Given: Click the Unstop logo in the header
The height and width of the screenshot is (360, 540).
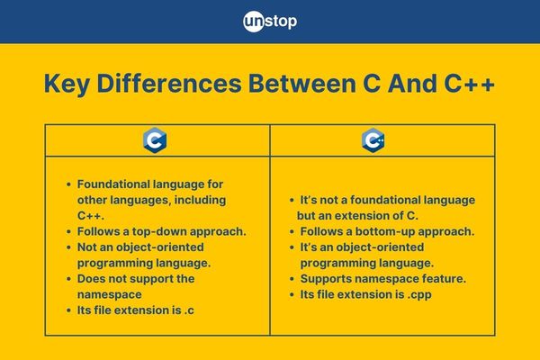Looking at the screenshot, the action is (270, 22).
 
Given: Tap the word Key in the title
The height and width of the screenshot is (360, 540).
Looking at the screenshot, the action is (67, 85).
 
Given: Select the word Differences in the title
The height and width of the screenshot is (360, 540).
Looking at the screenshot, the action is (169, 84).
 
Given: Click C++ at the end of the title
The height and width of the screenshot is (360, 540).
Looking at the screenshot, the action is (470, 84).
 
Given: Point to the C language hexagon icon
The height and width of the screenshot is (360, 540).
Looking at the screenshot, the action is (155, 140).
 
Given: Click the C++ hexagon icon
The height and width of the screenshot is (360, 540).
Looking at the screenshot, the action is (373, 140).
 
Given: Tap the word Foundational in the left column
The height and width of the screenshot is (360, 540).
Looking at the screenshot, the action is (113, 184).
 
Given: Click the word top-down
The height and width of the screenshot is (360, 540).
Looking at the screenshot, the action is (159, 231).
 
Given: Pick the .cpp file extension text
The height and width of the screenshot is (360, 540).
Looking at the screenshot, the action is (419, 295).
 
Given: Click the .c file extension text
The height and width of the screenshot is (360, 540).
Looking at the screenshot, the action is (189, 310).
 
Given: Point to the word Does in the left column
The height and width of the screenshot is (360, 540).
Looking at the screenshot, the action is (91, 279).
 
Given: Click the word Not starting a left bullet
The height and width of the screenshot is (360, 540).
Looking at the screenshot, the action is (86, 247).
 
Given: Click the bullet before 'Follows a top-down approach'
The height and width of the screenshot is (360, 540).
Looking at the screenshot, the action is (69, 232).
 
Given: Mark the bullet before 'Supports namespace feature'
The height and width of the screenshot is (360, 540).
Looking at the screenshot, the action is (292, 279).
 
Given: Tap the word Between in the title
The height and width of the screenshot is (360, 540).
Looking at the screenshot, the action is (302, 84).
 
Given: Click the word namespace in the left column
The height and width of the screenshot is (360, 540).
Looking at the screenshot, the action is (110, 295).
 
